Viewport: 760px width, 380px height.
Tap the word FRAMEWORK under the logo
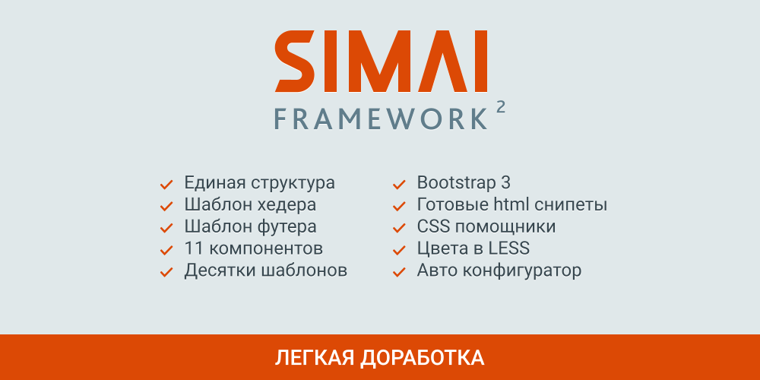coord(380,119)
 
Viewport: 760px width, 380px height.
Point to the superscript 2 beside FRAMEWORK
coord(500,107)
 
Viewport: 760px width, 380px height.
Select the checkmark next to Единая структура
coord(165,184)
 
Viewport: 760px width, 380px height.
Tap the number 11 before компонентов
coord(193,249)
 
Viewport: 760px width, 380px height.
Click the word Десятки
coord(220,271)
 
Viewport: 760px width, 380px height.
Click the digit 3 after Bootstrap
coord(505,183)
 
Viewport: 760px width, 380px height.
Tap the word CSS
coord(434,226)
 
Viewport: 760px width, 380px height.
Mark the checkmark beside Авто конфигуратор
coord(398,271)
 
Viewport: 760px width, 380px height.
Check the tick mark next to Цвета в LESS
coord(398,249)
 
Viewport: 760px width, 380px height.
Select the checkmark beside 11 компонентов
coord(165,249)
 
